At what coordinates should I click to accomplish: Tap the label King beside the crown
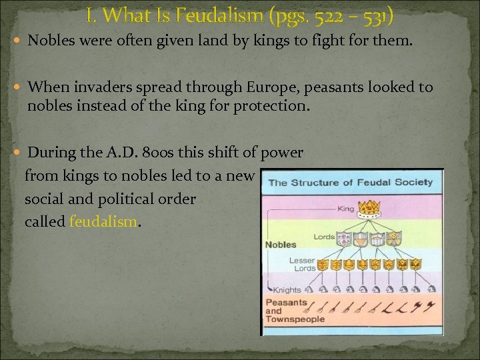347,209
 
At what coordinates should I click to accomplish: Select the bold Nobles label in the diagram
281,245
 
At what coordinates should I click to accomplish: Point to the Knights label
287,290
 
